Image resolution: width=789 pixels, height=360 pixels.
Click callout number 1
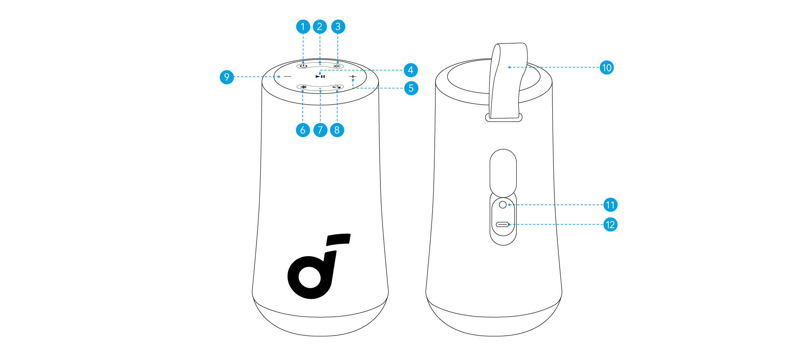303,27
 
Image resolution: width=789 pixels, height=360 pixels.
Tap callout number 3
338,27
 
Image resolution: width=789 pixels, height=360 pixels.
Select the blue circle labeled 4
410,70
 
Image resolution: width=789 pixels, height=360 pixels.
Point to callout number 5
411,88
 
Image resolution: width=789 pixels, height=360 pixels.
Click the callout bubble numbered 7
320,130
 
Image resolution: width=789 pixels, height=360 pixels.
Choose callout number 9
227,77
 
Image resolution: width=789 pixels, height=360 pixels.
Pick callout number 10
607,68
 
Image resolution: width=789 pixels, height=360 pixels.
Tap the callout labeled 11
610,205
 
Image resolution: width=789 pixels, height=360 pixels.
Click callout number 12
610,225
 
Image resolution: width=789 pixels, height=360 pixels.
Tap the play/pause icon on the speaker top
320,77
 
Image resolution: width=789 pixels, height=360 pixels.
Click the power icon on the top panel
303,66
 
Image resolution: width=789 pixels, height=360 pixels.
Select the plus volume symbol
353,77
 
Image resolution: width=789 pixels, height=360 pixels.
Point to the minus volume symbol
287,77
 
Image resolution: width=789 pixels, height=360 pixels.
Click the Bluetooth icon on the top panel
303,87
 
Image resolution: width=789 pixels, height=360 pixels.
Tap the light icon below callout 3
337,66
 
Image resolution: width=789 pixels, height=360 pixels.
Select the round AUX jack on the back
503,205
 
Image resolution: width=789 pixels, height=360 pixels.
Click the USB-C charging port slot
503,225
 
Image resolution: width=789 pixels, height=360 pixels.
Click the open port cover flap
503,172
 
